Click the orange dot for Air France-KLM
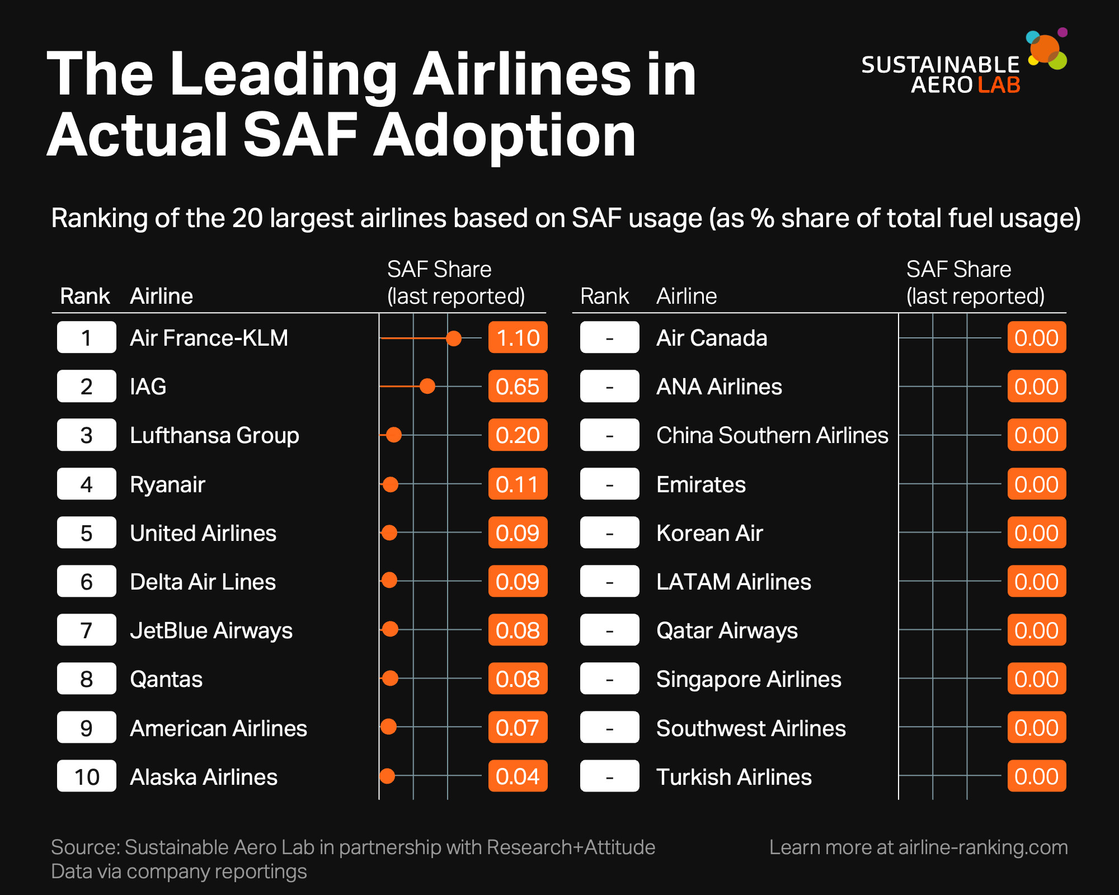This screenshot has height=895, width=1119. [454, 338]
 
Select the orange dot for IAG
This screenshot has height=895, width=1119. [427, 386]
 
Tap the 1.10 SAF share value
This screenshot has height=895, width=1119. [518, 338]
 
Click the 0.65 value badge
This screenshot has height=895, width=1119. [518, 387]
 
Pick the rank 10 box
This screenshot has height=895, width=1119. [87, 776]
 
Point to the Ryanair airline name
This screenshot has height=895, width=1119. [167, 484]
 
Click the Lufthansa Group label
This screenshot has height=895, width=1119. [214, 435]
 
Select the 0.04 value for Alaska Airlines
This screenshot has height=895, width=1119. [518, 776]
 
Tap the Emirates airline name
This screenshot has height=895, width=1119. [701, 484]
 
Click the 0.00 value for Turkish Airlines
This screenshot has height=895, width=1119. [1037, 776]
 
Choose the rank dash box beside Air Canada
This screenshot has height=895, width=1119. [609, 338]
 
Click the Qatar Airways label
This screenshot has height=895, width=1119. [727, 630]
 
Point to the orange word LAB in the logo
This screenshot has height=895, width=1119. [999, 85]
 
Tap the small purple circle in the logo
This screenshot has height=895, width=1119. [1062, 32]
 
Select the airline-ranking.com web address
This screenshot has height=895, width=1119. [983, 847]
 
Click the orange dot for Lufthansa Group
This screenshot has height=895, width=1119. [394, 435]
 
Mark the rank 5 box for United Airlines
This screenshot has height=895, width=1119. [87, 533]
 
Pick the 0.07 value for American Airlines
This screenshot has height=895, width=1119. [518, 728]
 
